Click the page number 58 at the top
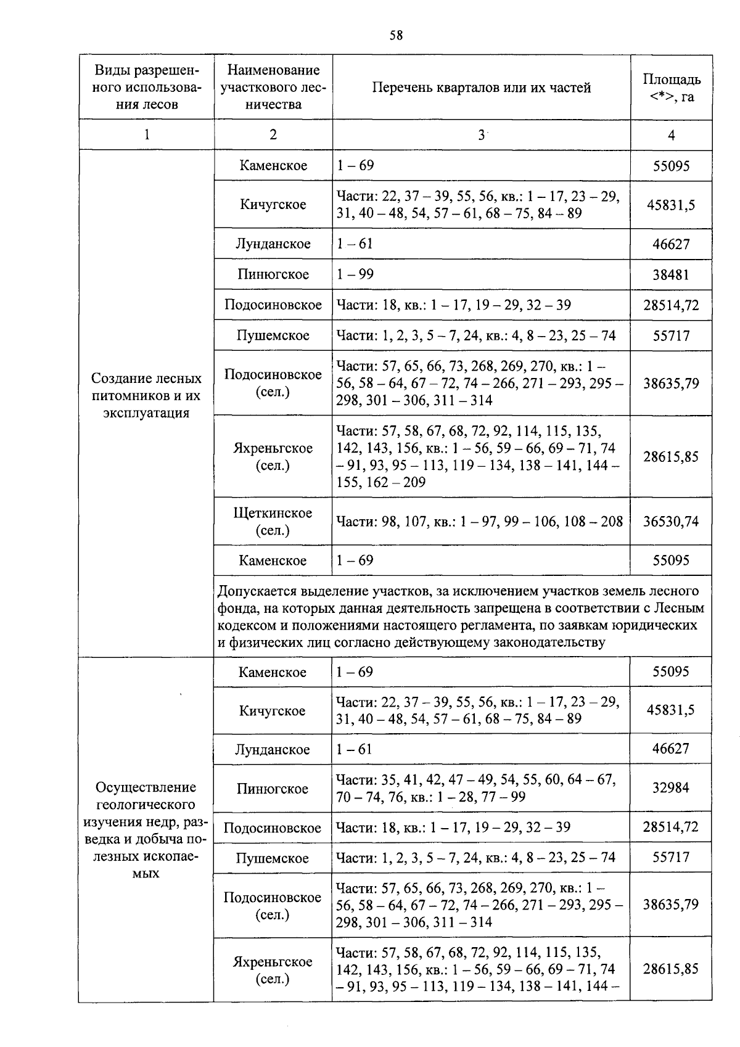pos(396,36)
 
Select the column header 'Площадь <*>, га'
pos(671,88)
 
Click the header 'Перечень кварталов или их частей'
pos(481,88)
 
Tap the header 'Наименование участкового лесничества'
pos(273,88)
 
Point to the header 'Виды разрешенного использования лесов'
pos(147,88)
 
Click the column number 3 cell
pos(481,135)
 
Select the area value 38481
pos(671,274)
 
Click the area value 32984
pos(671,787)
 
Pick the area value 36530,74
pos(671,521)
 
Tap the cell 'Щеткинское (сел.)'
pos(273,521)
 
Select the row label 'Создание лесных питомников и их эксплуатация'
pos(147,395)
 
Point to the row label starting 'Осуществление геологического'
pos(147,829)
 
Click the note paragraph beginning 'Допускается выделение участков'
pos(461,617)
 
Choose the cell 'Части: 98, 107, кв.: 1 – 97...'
pos(480,521)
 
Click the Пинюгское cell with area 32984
pos(272,789)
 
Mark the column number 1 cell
pos(147,135)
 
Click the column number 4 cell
pos(671,135)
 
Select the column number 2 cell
pos(273,135)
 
